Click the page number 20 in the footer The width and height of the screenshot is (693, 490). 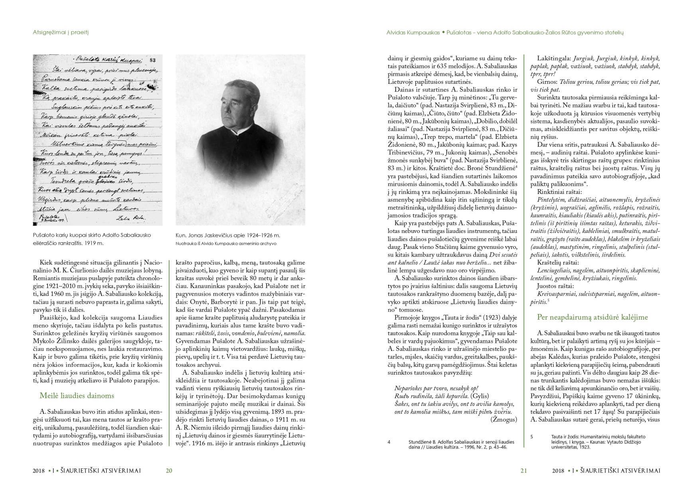coord(169,470)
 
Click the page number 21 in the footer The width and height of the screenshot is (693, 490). coord(524,470)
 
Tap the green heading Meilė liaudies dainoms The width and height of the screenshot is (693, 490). coord(77,395)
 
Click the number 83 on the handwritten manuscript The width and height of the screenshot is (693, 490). coord(152,60)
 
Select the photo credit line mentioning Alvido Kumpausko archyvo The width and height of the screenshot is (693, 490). coord(226,243)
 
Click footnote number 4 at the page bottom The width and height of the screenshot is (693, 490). coord(389,442)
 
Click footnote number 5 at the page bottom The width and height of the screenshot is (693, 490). coord(532,437)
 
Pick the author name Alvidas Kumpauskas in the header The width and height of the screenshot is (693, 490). coord(413,33)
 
